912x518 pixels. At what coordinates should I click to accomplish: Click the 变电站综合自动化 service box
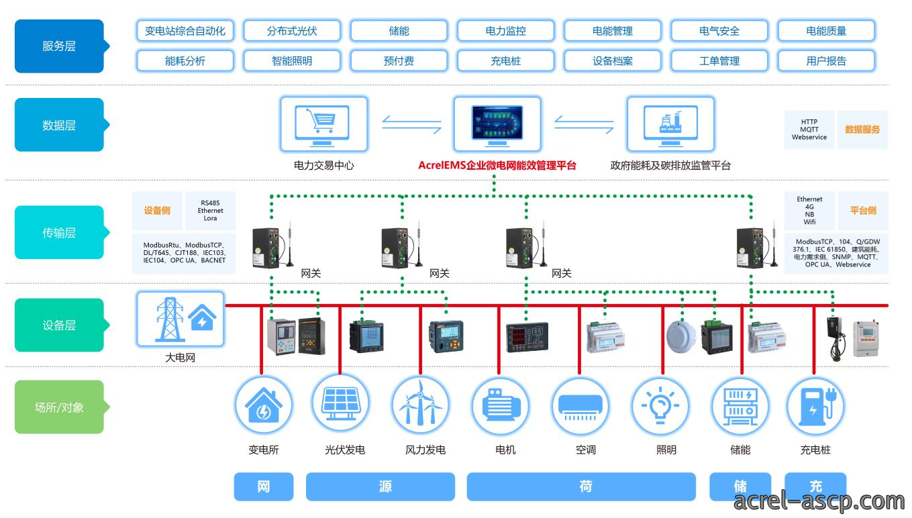185,31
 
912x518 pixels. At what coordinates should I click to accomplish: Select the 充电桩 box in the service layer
506,60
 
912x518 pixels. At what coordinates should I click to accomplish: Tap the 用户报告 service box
826,60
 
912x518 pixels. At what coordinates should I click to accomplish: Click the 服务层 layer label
60,46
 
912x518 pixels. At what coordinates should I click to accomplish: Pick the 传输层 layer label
60,233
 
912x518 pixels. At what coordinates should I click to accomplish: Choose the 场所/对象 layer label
60,407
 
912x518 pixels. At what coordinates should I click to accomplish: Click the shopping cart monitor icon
323,124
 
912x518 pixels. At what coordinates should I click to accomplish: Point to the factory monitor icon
670,124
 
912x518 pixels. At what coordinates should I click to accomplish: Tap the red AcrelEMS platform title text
497,165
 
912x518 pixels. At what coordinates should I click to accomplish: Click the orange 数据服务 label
862,129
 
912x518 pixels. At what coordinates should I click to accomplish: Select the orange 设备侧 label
157,211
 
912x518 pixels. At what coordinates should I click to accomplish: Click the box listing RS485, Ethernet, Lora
211,211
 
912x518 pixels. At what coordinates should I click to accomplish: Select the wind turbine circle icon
421,405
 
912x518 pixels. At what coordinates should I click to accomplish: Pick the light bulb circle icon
660,405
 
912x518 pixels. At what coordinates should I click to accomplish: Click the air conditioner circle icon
580,405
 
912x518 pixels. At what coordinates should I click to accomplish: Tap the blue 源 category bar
381,486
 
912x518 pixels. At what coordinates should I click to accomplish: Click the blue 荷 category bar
581,486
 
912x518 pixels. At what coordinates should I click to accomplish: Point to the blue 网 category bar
264,486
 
